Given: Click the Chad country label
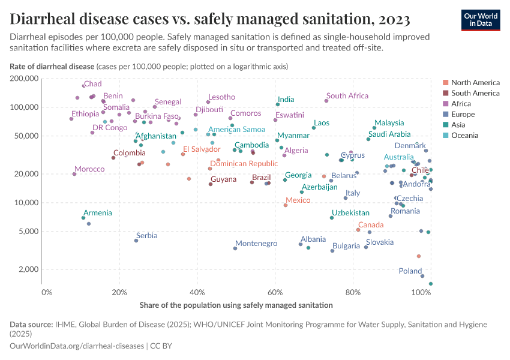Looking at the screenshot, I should pos(92,84).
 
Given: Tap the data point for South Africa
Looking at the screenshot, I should pos(327,100).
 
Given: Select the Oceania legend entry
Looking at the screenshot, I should pos(464,136).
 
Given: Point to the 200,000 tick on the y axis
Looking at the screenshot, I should pos(24,79).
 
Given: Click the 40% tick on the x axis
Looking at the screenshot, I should pos(197,292).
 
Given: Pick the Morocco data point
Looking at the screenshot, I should pos(74,174).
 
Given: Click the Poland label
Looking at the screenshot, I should pos(410,271).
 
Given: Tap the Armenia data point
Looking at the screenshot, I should pos(83,218).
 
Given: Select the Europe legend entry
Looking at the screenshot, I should pos(463,114).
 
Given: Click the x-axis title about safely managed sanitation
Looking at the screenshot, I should pos(236,305).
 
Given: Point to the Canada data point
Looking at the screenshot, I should pos(358,230).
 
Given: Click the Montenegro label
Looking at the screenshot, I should pos(256,244).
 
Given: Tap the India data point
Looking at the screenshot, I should pos(278,104).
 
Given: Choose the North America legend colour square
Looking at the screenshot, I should pos(445,82).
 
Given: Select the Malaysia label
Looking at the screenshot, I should pos(389,123).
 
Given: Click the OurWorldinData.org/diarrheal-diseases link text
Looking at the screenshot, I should pos(77,346).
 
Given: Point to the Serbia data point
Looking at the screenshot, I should pos(136,241).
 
